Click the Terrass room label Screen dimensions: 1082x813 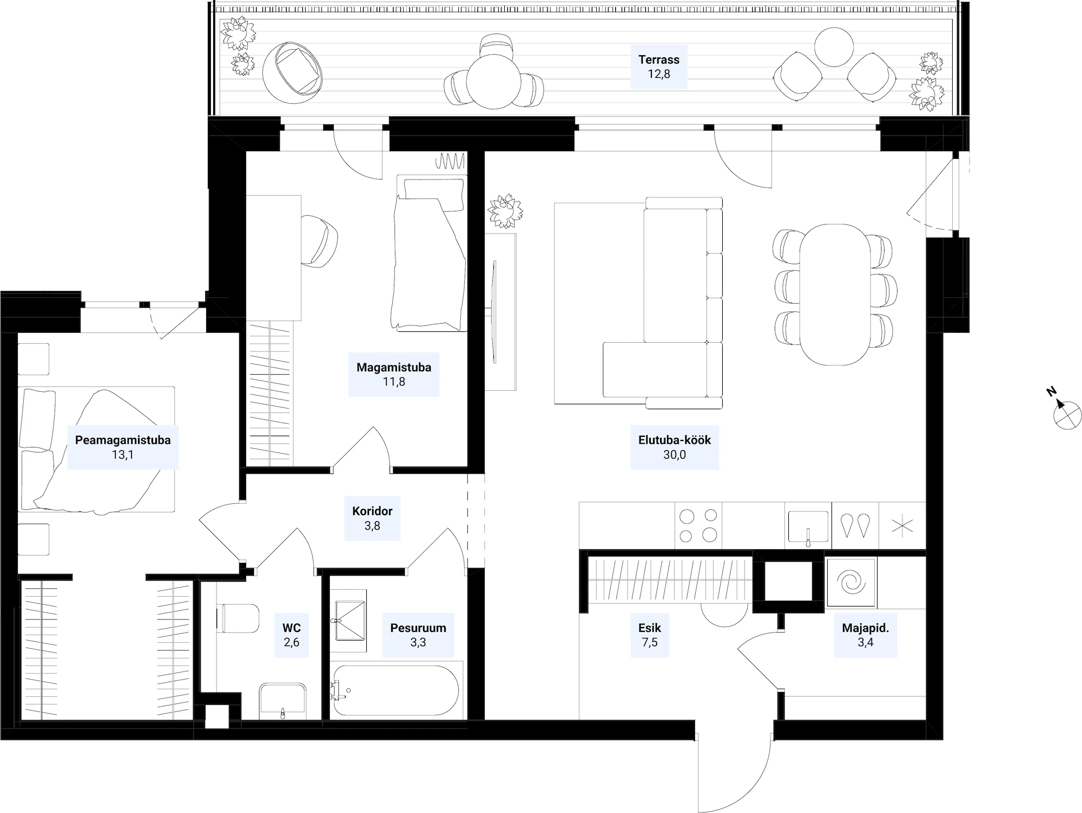coord(659,59)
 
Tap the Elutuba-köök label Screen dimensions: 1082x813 coord(674,440)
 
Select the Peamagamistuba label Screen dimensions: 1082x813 coord(123,440)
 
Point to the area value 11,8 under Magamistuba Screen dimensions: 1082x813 coord(394,382)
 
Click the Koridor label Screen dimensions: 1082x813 coord(372,511)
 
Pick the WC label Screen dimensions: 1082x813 coord(292,628)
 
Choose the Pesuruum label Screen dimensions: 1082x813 coord(418,628)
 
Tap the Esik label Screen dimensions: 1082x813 coord(650,628)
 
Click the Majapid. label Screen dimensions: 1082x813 coord(866,628)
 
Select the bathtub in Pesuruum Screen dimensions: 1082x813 coord(396,690)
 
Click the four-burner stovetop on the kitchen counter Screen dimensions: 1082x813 coord(698,526)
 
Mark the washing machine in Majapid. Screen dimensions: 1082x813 coord(851,583)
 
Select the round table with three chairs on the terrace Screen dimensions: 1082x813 coord(494,81)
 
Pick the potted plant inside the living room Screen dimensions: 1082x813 coord(505,211)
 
